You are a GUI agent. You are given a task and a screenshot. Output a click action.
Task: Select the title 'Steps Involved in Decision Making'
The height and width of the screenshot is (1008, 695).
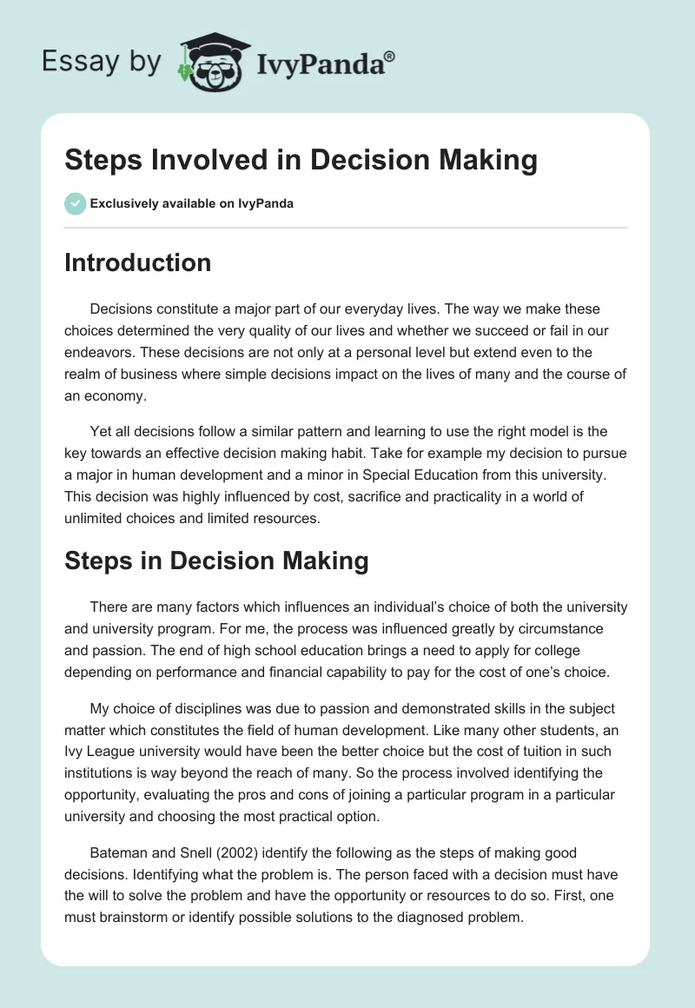pos(301,161)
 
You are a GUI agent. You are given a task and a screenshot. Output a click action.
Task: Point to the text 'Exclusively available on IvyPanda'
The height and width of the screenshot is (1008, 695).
pos(192,204)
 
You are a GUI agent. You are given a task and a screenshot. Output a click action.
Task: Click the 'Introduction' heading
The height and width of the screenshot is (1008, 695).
pos(137,262)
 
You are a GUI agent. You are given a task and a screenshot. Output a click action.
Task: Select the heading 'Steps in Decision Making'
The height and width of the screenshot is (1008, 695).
pos(216,560)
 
